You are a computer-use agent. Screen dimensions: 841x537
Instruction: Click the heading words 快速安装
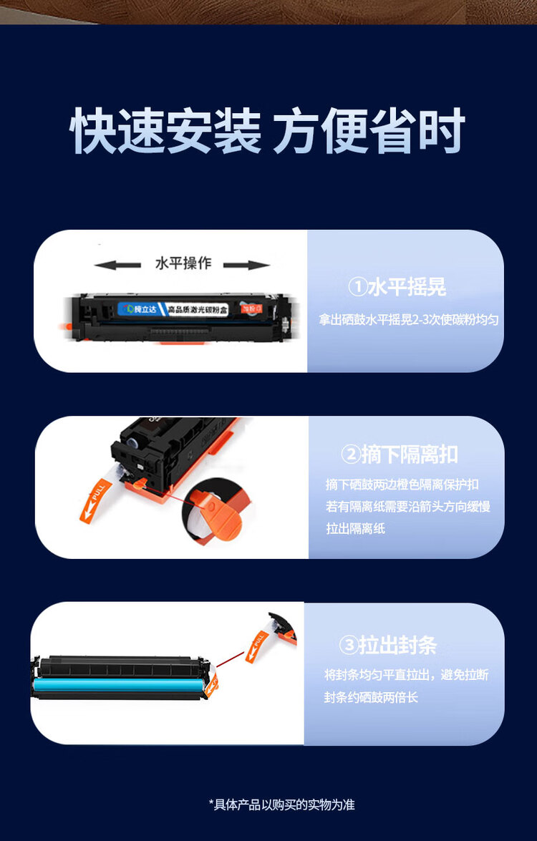point(165,131)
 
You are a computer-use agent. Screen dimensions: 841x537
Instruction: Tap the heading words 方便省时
point(369,131)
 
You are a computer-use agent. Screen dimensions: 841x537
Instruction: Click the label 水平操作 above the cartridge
point(183,263)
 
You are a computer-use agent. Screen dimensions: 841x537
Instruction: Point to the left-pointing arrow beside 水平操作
point(117,266)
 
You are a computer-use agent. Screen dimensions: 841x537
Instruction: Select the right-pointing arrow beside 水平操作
point(246,266)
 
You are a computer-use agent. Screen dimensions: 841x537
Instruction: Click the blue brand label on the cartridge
point(140,308)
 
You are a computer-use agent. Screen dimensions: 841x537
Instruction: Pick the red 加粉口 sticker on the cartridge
point(249,308)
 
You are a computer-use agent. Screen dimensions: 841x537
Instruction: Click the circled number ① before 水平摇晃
point(357,288)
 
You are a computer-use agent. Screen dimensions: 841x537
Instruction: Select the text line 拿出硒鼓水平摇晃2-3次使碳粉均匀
point(408,320)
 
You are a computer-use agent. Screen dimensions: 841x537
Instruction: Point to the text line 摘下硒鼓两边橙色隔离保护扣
point(402,484)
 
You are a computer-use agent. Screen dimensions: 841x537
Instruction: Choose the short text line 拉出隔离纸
point(356,529)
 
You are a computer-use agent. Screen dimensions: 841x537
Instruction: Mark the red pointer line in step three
point(231,662)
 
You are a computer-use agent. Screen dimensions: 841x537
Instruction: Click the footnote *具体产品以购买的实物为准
point(281,804)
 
